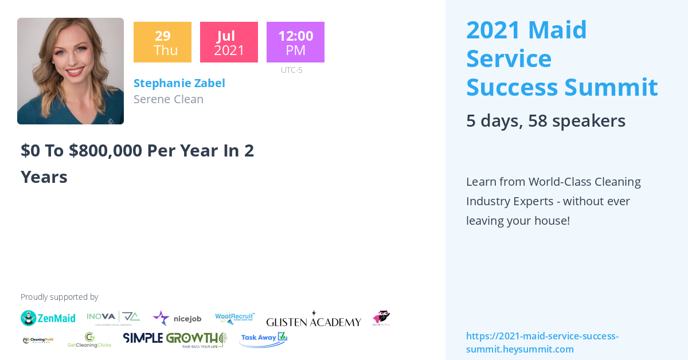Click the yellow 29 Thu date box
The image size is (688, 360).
(x=162, y=42)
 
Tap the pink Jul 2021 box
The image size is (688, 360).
(x=229, y=42)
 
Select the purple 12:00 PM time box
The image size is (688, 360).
(x=295, y=42)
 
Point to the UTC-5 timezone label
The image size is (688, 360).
(x=291, y=70)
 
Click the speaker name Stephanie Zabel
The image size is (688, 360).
(x=179, y=83)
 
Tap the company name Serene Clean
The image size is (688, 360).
(x=168, y=99)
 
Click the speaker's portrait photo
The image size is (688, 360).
(x=71, y=71)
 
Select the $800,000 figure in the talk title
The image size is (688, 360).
(x=105, y=150)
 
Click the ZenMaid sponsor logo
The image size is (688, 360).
(x=48, y=318)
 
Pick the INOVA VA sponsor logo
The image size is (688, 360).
(x=114, y=317)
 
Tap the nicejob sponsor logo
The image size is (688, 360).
(x=177, y=318)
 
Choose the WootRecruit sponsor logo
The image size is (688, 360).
(x=234, y=318)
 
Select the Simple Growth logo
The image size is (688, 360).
(x=175, y=339)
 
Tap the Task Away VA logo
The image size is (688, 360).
(x=263, y=339)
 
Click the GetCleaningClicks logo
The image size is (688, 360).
(x=89, y=341)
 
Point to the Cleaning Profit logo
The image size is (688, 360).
(x=38, y=340)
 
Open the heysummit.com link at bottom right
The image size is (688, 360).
(x=542, y=343)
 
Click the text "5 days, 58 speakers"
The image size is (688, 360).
(x=545, y=120)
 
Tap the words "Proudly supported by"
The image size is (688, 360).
(x=59, y=297)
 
